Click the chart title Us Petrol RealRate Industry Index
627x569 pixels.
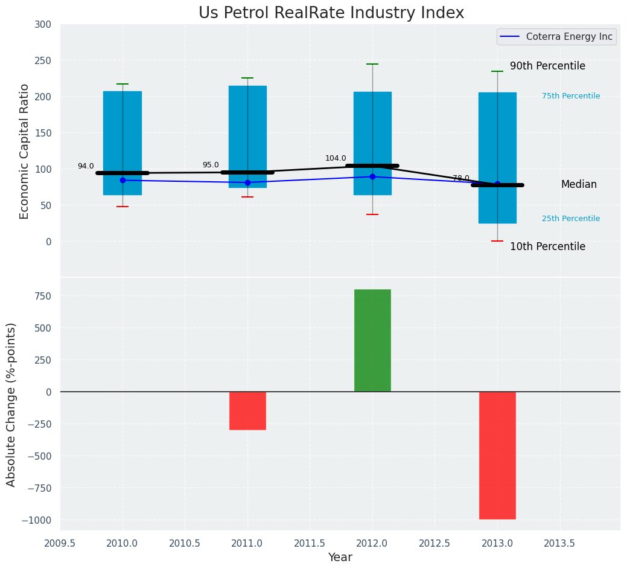tap(331, 13)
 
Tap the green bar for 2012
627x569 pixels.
tap(372, 340)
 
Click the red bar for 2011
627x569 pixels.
tap(247, 411)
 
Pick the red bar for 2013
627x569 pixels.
tap(497, 455)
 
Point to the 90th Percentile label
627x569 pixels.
tap(547, 66)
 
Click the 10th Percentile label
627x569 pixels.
tap(547, 247)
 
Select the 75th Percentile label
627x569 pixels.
tap(571, 96)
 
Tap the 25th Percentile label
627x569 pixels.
tap(571, 219)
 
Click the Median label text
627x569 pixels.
tap(579, 185)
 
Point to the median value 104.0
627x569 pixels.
tap(336, 159)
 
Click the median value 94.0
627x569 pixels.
tap(86, 167)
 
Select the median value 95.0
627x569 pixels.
tap(211, 166)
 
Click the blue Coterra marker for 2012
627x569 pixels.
tap(372, 177)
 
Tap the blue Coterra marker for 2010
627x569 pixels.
tap(123, 180)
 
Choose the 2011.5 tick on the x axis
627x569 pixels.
tap(310, 543)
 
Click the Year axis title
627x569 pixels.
tap(340, 558)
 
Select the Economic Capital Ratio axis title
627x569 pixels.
tap(25, 151)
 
